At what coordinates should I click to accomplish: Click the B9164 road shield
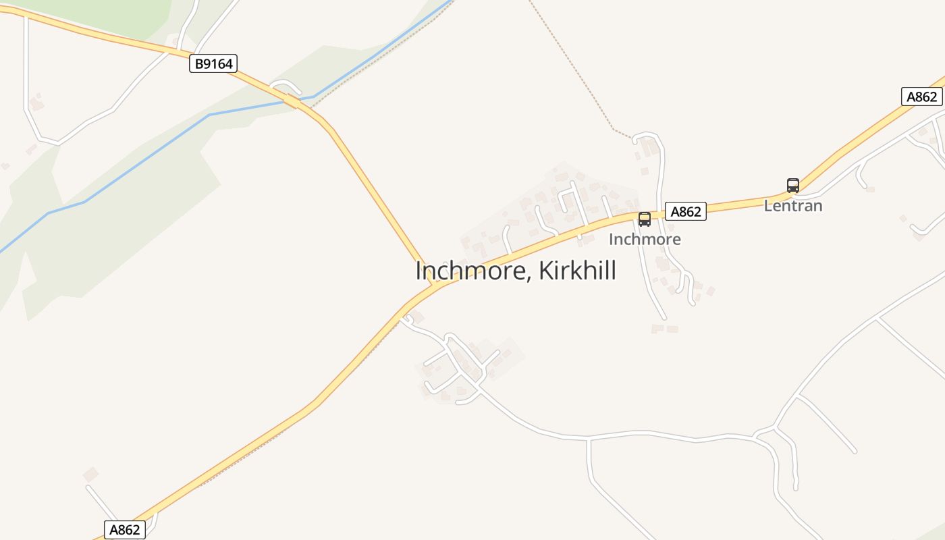213,64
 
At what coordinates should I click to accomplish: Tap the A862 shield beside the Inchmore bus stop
685,211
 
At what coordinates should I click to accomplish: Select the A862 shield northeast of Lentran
921,97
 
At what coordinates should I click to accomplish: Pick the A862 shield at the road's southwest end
125,530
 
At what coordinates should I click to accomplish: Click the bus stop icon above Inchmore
645,219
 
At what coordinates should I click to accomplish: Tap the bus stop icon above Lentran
793,185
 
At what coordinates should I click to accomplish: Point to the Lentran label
793,206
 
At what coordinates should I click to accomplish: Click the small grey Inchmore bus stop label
645,239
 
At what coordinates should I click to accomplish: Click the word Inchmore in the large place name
467,271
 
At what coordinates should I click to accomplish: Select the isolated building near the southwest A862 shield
90,475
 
